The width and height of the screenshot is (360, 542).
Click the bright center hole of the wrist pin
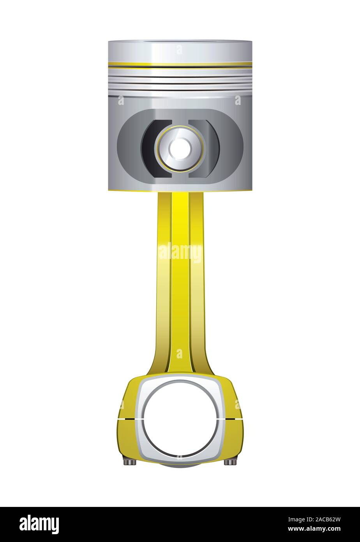click(x=180, y=148)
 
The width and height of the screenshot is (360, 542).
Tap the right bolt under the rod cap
click(x=230, y=462)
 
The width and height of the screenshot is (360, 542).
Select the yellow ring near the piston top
click(x=180, y=64)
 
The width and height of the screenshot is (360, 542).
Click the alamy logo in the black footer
click(x=39, y=524)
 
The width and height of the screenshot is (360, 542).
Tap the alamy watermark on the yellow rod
click(x=180, y=253)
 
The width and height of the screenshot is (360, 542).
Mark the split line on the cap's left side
click(x=127, y=419)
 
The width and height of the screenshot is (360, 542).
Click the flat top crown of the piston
click(x=180, y=41)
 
